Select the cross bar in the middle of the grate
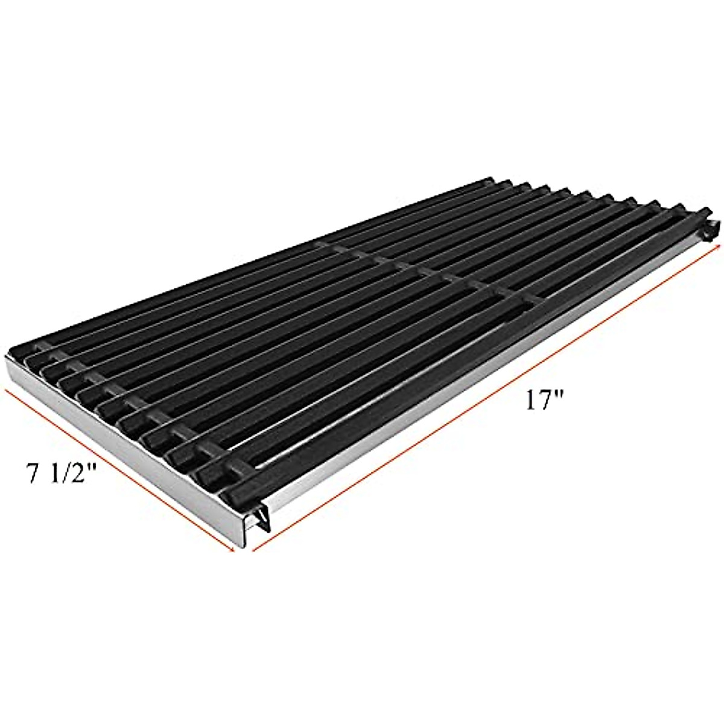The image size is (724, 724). (x=422, y=271)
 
